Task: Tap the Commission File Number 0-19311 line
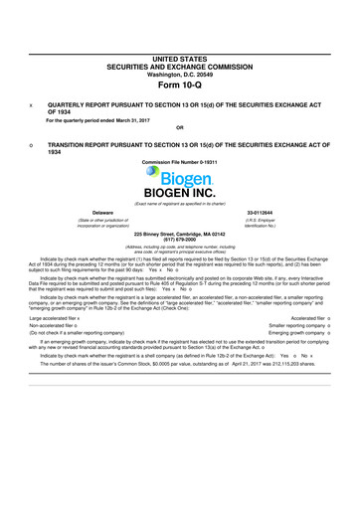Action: [179, 160]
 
